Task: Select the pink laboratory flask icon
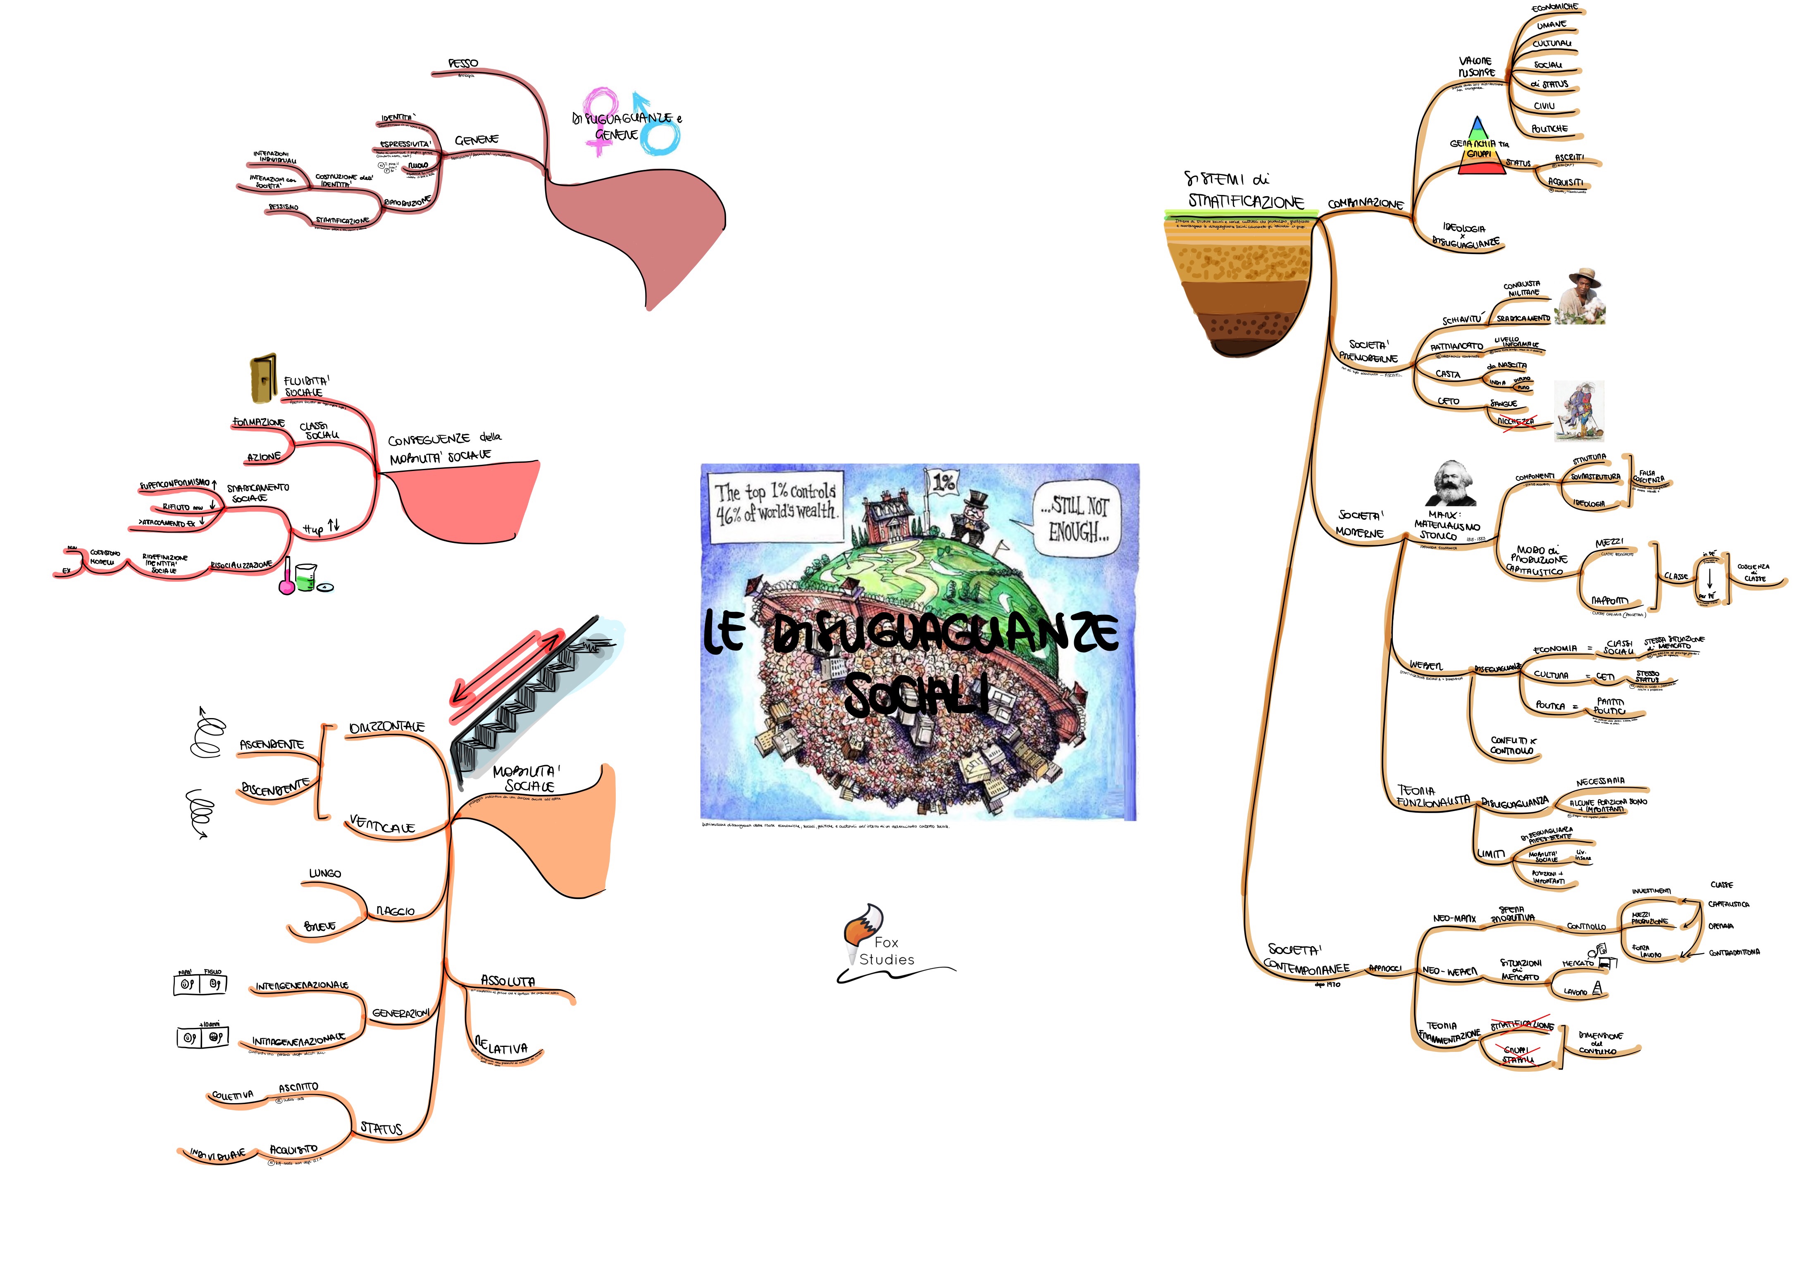(288, 578)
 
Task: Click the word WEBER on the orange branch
(1425, 666)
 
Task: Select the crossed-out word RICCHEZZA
(1515, 422)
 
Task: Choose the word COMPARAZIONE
(1366, 204)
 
